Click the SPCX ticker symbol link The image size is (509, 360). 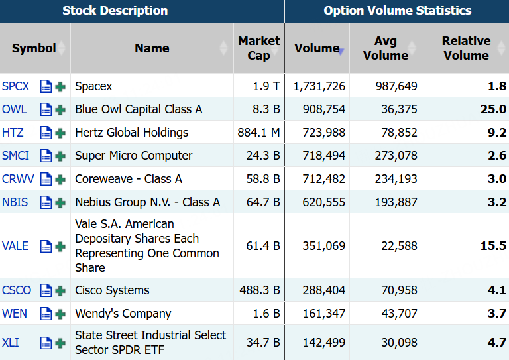click(x=16, y=86)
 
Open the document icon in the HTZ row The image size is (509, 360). click(x=46, y=133)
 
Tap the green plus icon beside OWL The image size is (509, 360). click(x=60, y=109)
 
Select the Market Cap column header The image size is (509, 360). click(x=258, y=48)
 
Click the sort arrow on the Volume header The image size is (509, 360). click(x=341, y=51)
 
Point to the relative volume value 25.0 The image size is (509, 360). click(x=493, y=109)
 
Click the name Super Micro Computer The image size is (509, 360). click(x=134, y=156)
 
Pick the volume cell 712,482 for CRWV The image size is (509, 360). click(x=323, y=179)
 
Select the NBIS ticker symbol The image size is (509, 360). click(x=15, y=202)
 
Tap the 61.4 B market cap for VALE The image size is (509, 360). click(x=263, y=246)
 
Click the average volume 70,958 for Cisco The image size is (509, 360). click(x=399, y=290)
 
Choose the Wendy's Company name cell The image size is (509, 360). click(x=123, y=314)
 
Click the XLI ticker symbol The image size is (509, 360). click(x=11, y=343)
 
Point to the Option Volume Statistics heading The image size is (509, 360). click(x=398, y=11)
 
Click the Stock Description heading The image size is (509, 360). click(x=115, y=11)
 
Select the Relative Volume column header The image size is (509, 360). click(x=466, y=48)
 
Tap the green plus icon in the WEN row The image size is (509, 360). click(x=60, y=314)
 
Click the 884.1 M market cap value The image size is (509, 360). click(x=258, y=133)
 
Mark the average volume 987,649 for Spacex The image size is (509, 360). click(x=396, y=86)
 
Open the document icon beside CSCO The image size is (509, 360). click(x=46, y=290)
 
